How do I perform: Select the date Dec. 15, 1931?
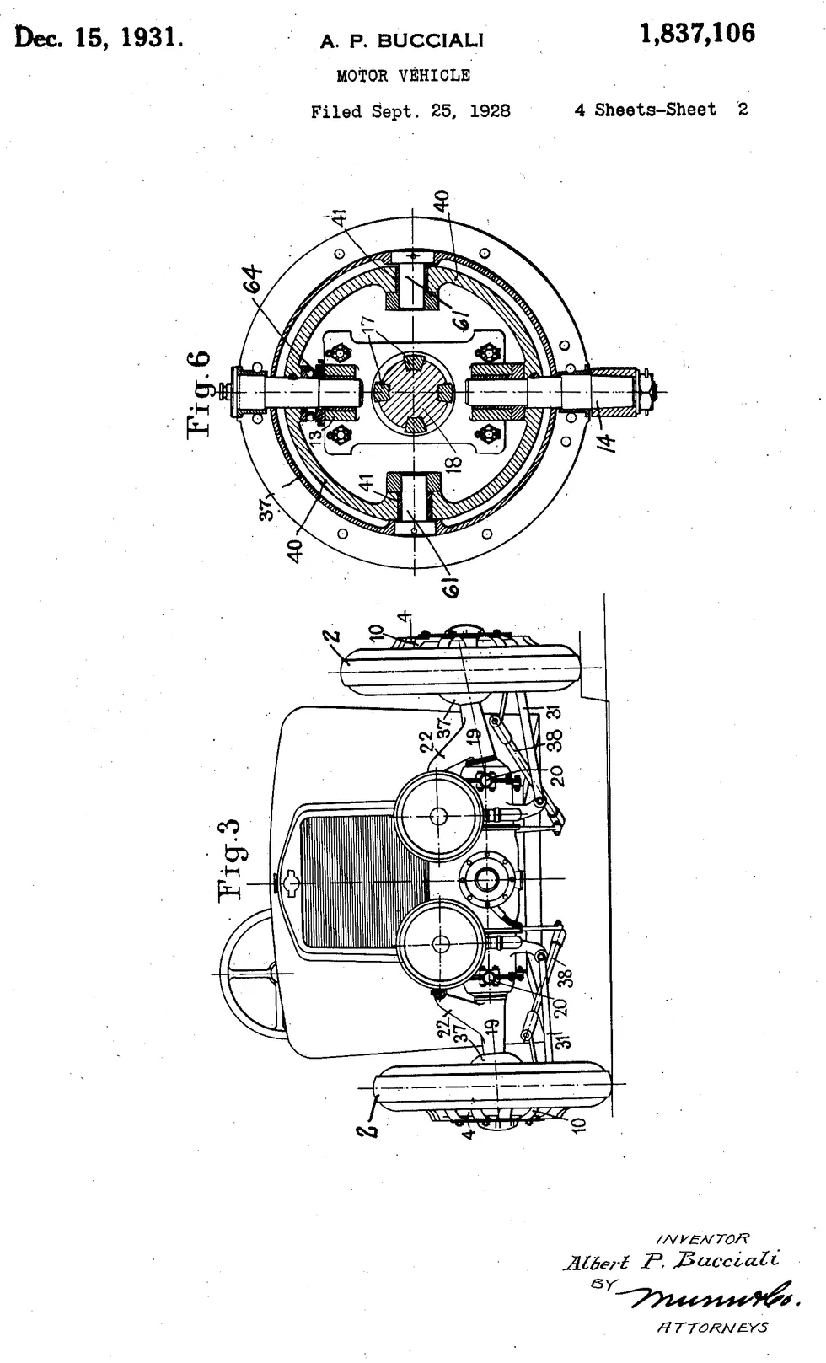coord(99,37)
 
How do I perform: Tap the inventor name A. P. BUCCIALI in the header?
coord(401,41)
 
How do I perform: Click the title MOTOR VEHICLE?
coord(403,76)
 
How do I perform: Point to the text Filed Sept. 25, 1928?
coord(410,111)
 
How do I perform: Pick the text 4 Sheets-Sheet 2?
coord(661,110)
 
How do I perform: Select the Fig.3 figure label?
coord(232,859)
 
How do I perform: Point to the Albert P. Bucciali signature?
coord(670,1261)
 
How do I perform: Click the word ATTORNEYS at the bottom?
coord(711,1327)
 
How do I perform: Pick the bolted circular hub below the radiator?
coord(486,880)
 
